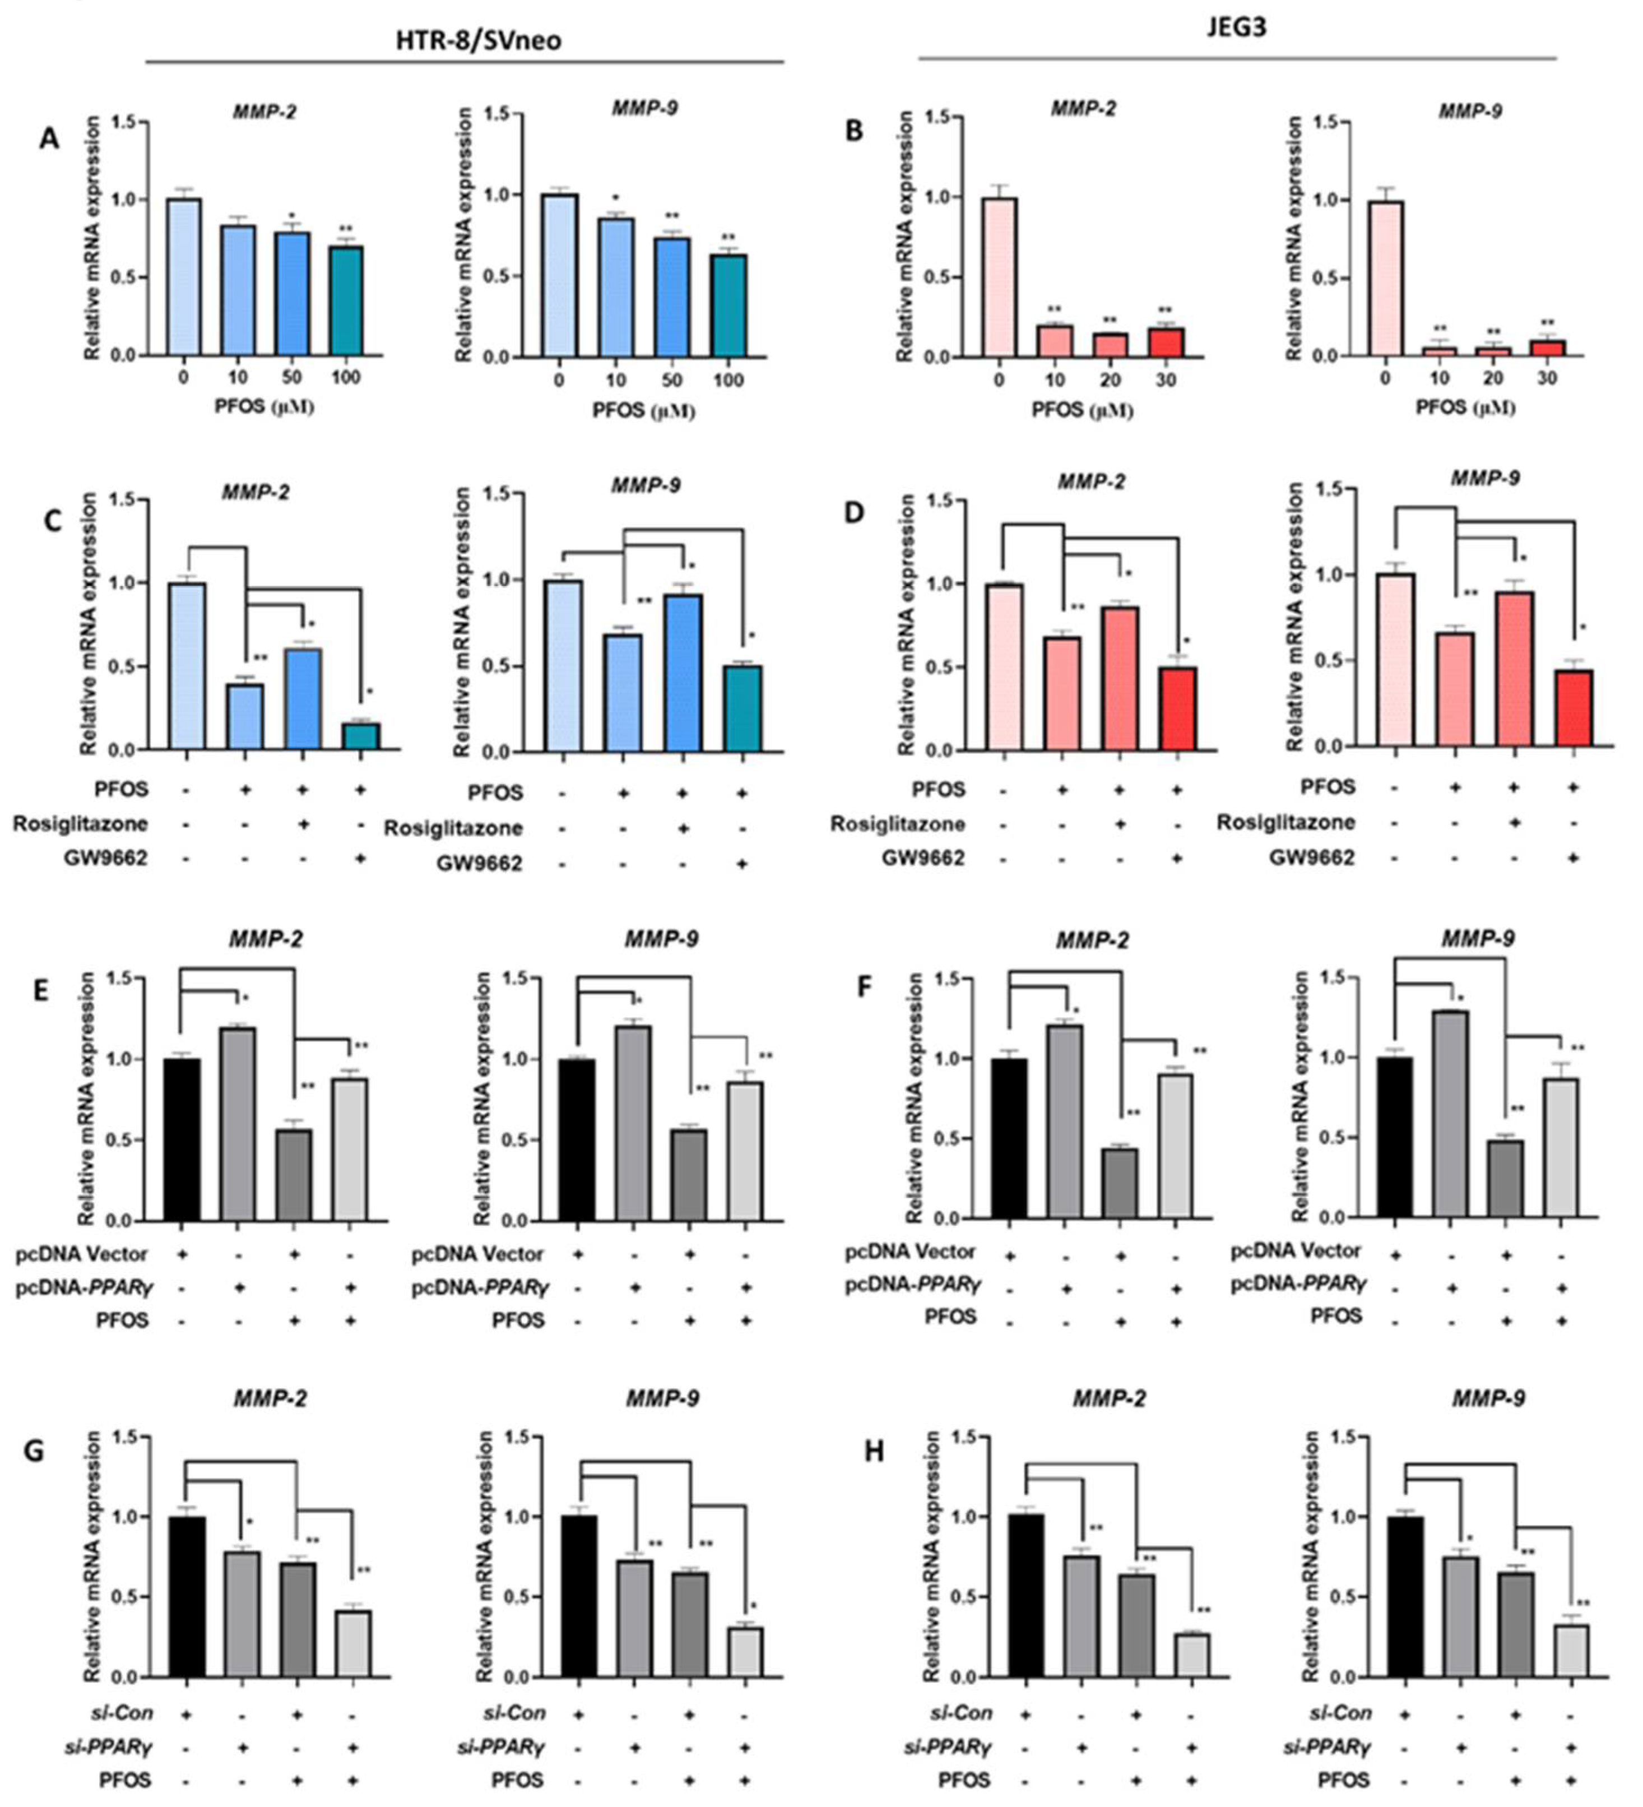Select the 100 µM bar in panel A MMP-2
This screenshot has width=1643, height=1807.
tap(345, 301)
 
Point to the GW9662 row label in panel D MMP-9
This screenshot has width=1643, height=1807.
tap(1311, 858)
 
